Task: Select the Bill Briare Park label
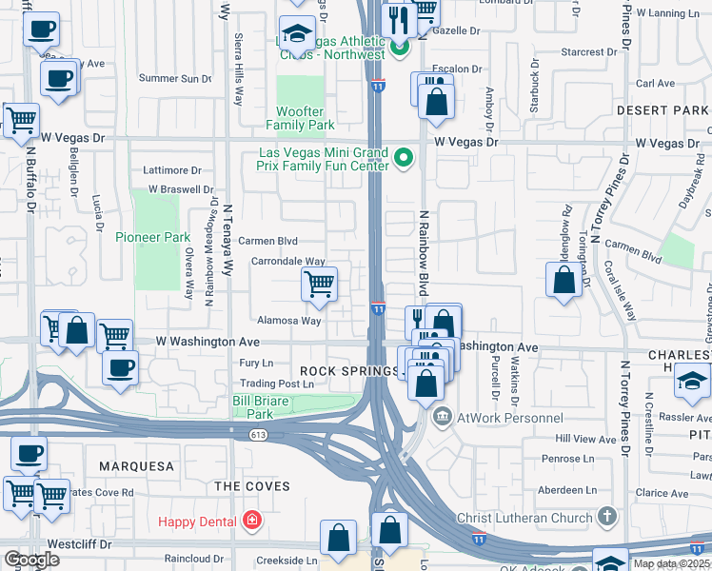click(260, 407)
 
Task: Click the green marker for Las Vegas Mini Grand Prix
click(403, 158)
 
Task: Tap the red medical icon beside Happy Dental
click(251, 521)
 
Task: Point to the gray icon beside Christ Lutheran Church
click(606, 517)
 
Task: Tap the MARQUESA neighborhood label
click(134, 466)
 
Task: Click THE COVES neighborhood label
click(251, 486)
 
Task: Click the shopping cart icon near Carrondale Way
click(319, 284)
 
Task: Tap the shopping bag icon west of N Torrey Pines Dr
click(564, 280)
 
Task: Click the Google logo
click(31, 560)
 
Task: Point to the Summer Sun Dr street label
click(175, 78)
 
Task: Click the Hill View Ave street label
click(585, 439)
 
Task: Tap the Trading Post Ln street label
click(276, 384)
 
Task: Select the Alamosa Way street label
click(286, 321)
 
